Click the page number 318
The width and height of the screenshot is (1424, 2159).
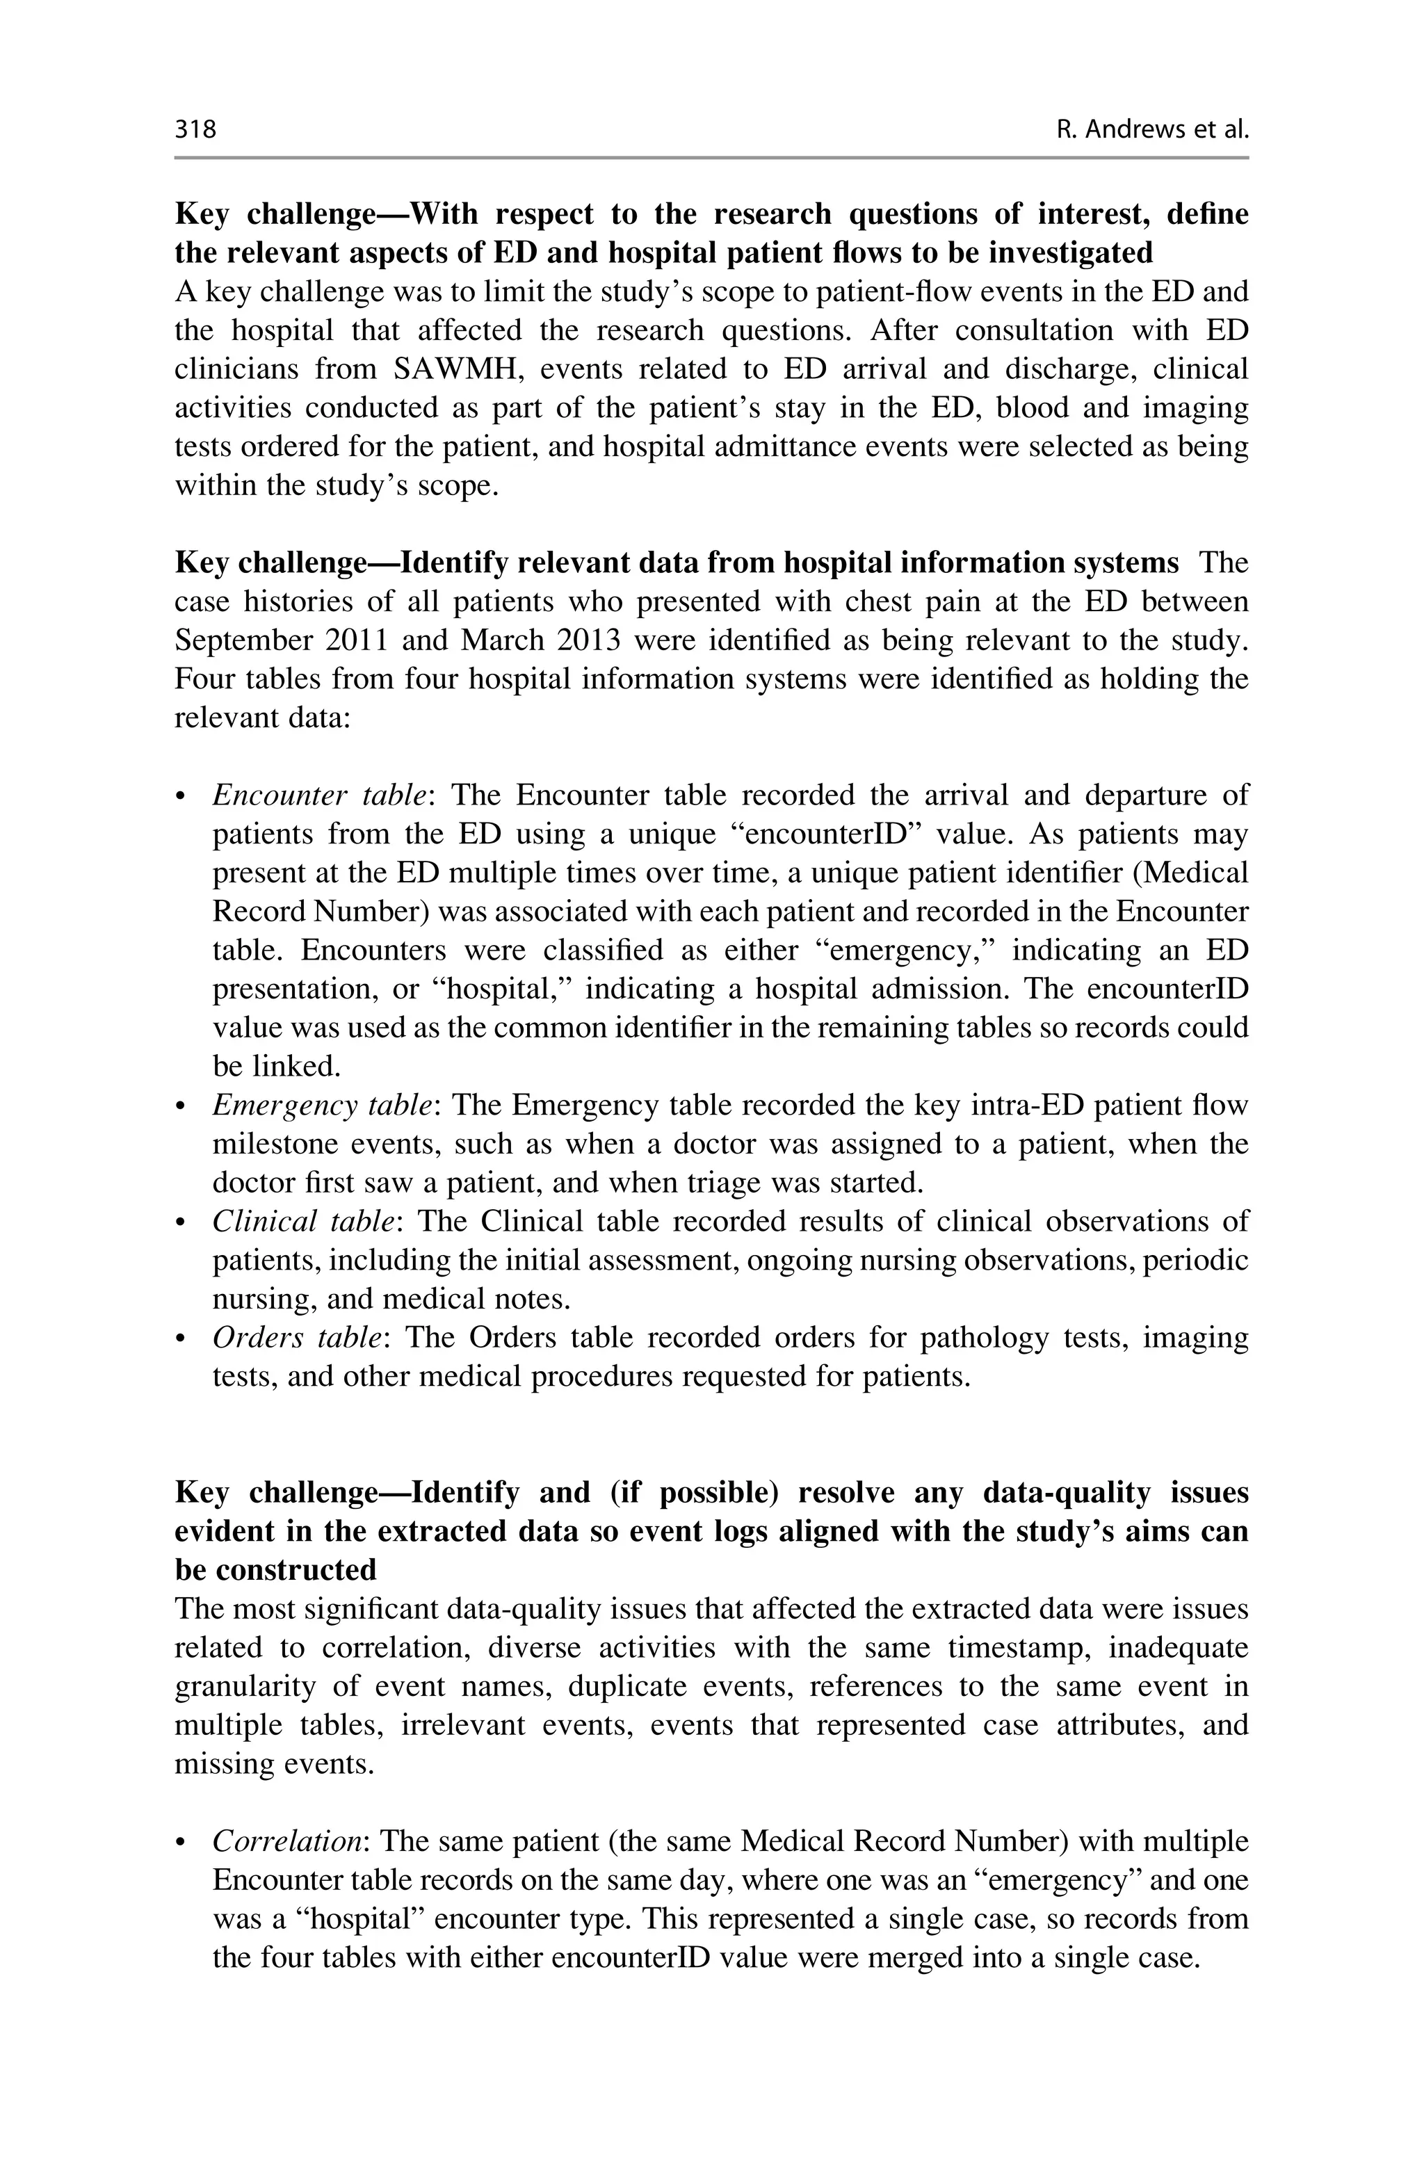195,130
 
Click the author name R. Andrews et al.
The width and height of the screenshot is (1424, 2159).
1152,130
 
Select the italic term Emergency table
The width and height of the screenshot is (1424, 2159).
321,1106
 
